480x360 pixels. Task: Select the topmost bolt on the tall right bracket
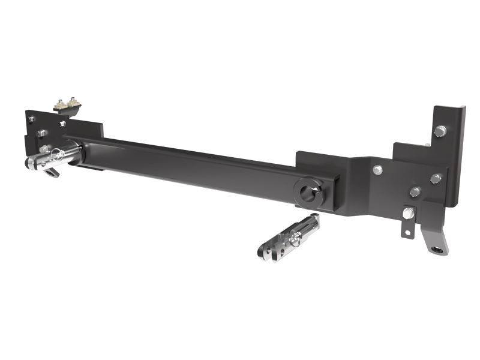[440, 130]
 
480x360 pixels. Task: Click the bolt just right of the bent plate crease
[377, 170]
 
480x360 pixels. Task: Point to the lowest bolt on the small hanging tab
[409, 212]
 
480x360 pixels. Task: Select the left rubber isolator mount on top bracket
[60, 105]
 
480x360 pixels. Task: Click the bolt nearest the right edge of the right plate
[436, 178]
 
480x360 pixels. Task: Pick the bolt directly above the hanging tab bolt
[415, 191]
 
